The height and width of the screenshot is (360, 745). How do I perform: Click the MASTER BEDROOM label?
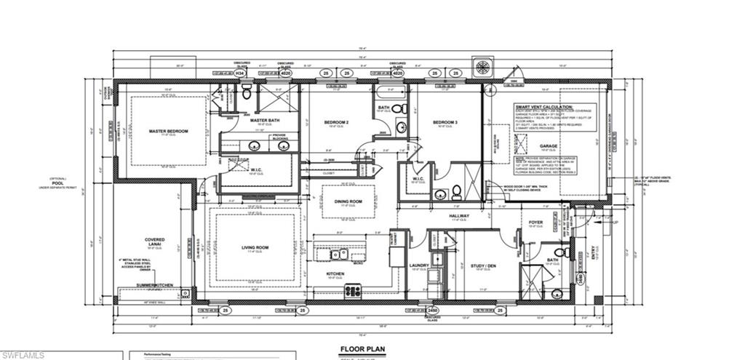(168, 132)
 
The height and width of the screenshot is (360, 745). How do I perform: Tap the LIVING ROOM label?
(255, 248)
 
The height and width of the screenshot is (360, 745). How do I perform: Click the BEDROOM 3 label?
(445, 122)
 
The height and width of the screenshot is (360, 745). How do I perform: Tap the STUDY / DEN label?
(483, 265)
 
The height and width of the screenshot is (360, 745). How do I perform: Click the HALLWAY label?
(458, 216)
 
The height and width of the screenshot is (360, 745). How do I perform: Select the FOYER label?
(535, 223)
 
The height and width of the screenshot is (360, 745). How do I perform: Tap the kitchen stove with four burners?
(353, 291)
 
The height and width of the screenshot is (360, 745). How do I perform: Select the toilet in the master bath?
(246, 92)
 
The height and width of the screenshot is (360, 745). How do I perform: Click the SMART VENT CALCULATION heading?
(546, 105)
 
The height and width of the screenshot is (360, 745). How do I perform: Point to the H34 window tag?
(239, 73)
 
